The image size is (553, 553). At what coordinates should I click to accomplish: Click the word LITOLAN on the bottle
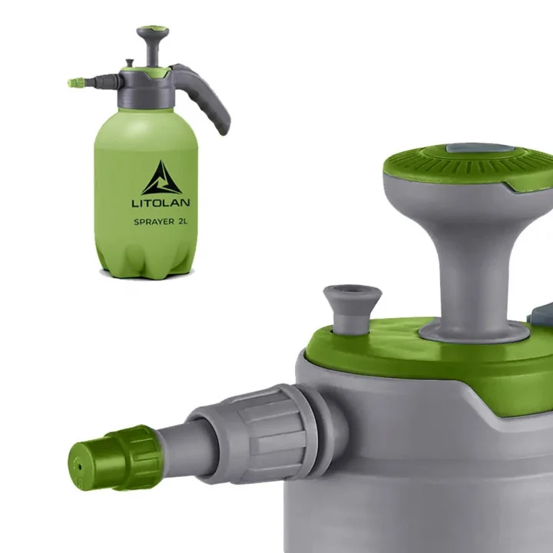(x=161, y=203)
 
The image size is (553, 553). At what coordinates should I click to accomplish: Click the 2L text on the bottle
(x=183, y=221)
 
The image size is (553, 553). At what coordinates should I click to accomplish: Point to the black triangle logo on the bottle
(x=162, y=177)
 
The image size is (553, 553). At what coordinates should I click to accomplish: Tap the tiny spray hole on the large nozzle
(x=80, y=467)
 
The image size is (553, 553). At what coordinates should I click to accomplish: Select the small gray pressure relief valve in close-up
(x=352, y=309)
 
